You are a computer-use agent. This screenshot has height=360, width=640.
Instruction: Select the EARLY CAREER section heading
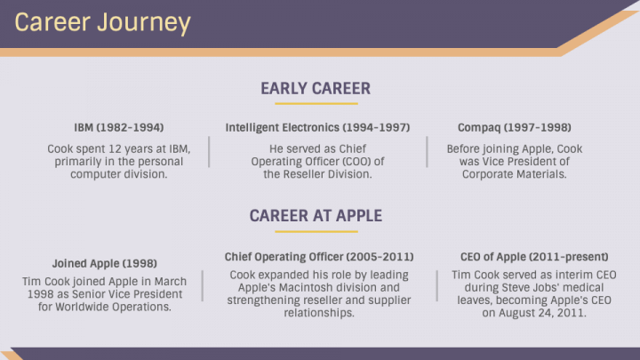pyautogui.click(x=316, y=88)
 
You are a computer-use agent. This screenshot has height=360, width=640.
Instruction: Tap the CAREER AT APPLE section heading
pyautogui.click(x=316, y=215)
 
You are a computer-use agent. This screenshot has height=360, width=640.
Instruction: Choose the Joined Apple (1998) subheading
pyautogui.click(x=105, y=264)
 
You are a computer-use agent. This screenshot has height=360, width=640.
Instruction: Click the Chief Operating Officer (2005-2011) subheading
pyautogui.click(x=319, y=257)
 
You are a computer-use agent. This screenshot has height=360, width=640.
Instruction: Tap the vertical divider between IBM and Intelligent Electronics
pyautogui.click(x=209, y=153)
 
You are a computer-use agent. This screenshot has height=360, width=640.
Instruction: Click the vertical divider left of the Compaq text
pyautogui.click(x=428, y=153)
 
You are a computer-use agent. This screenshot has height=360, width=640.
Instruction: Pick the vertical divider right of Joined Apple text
pyautogui.click(x=202, y=286)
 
